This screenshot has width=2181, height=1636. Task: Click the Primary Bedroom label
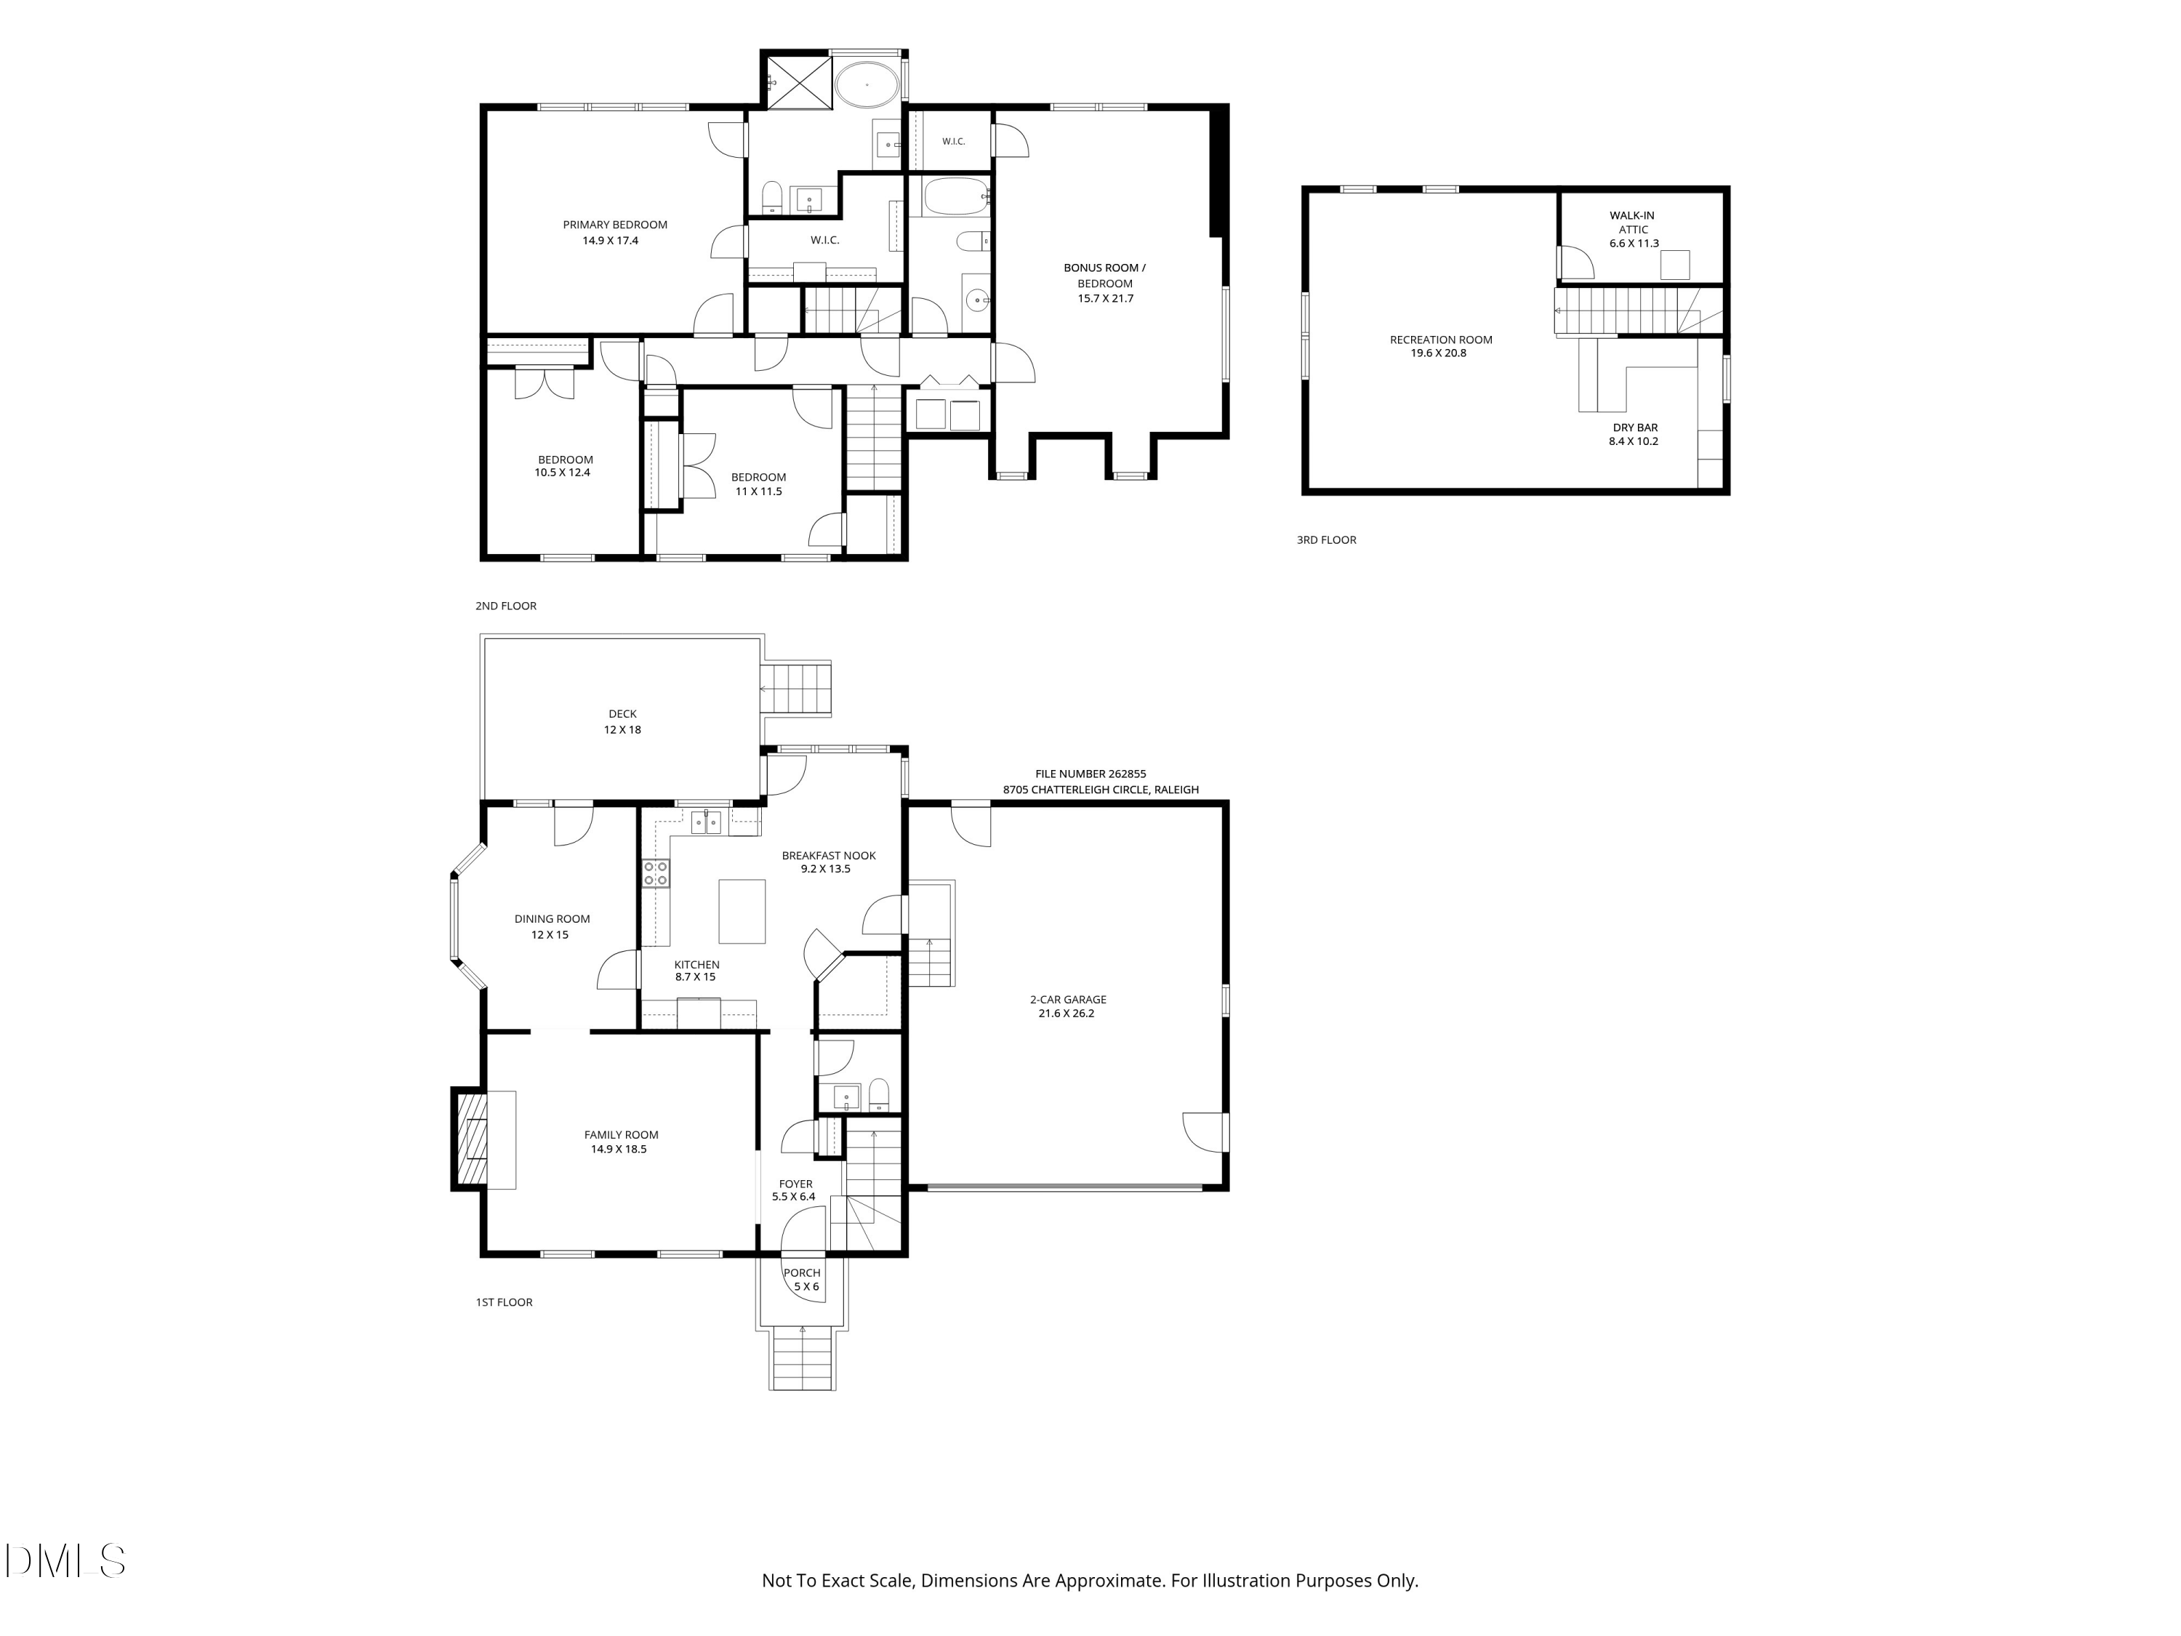click(615, 225)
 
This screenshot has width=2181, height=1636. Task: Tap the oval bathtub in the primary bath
click(867, 85)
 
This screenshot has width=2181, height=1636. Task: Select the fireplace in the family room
click(471, 1139)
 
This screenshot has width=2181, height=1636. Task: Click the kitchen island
click(742, 911)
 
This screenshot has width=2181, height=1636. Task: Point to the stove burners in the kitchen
click(656, 873)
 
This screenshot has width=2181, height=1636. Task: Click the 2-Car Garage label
click(1068, 999)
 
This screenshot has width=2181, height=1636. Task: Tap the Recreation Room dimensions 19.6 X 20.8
click(1439, 353)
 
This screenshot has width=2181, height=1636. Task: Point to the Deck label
click(622, 714)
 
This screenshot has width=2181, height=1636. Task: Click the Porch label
click(802, 1273)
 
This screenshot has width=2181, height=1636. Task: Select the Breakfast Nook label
click(828, 856)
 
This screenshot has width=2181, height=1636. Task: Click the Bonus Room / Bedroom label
click(1104, 275)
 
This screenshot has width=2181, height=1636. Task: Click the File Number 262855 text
click(1090, 774)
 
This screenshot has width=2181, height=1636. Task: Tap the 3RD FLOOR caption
click(1326, 540)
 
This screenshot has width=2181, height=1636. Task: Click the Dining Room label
click(552, 919)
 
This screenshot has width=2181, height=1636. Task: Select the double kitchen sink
click(706, 822)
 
